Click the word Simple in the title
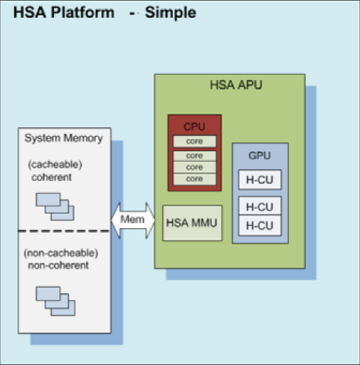click(171, 13)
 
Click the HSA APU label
click(236, 85)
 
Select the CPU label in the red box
click(195, 126)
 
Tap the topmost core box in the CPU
click(195, 141)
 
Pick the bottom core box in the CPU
click(195, 180)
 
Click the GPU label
click(260, 156)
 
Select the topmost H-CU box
click(260, 180)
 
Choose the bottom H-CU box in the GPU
click(260, 226)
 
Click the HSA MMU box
click(192, 223)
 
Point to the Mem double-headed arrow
click(133, 220)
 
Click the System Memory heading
click(64, 138)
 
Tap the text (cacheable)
click(55, 165)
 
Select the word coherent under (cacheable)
click(52, 177)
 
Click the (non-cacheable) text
click(61, 254)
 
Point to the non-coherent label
click(58, 266)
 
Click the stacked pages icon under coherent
click(55, 206)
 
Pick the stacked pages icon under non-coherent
click(55, 301)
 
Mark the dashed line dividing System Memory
click(64, 231)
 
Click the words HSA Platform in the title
click(64, 13)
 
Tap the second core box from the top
click(195, 156)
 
